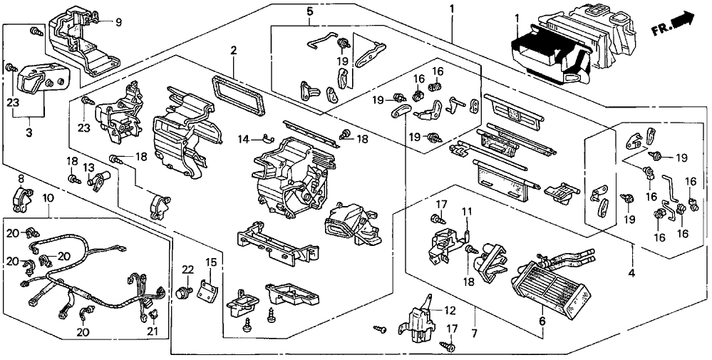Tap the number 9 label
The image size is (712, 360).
118,21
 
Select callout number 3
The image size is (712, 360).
29,133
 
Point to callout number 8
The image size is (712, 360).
21,178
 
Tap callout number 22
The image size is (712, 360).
187,269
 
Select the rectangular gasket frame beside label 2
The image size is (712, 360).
242,93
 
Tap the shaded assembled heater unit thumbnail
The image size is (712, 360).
570,43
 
